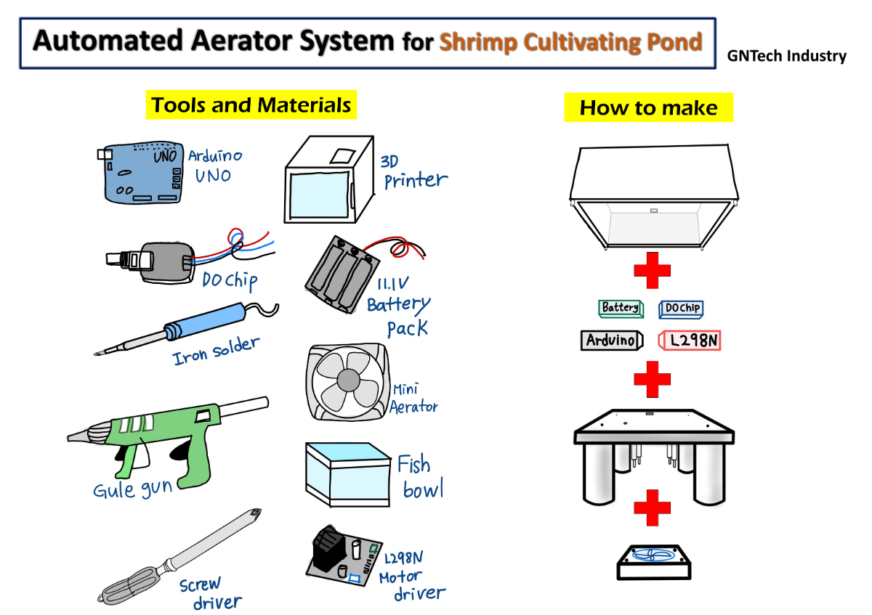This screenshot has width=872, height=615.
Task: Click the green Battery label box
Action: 621,309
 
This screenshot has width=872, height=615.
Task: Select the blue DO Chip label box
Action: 682,309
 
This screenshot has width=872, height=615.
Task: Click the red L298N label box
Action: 690,340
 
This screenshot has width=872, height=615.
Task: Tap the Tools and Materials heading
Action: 251,105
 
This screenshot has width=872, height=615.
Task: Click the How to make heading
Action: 648,108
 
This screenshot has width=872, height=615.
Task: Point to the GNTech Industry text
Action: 787,56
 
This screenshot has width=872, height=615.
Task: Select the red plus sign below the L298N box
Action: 652,380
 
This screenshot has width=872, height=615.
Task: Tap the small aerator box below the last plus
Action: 652,561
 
